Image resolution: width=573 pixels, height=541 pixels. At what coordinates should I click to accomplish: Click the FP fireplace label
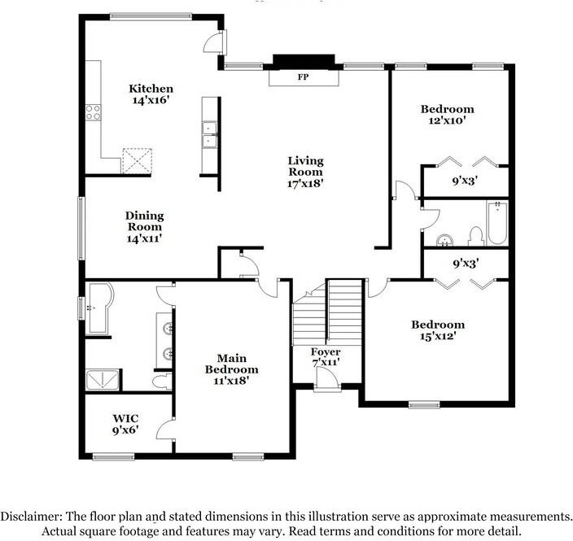tap(303, 76)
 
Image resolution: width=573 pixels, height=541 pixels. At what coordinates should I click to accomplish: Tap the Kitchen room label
tap(151, 89)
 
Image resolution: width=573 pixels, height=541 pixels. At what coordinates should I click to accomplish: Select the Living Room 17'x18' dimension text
tap(306, 183)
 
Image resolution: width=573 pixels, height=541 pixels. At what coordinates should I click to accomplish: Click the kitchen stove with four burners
tap(93, 112)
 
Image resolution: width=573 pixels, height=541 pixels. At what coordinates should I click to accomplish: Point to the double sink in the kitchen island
tap(210, 134)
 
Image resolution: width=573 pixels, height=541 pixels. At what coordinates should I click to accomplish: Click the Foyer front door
tap(327, 379)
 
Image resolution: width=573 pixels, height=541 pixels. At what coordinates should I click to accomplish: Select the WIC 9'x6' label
tap(125, 424)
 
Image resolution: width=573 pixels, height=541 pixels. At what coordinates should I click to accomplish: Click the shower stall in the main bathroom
tap(103, 380)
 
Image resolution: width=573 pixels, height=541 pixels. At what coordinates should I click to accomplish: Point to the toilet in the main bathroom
tap(162, 382)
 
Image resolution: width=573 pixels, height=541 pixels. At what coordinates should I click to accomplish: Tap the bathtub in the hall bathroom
tap(497, 223)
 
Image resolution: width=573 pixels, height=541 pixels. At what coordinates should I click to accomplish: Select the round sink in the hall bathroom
tap(444, 241)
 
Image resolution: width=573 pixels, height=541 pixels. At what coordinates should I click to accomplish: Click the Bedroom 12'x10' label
tap(448, 115)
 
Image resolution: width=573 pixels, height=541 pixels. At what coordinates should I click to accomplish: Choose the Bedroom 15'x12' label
tap(438, 330)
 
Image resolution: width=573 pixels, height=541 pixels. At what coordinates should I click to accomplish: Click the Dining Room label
tap(145, 221)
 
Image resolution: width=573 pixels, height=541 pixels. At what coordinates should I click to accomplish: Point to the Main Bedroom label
tap(231, 364)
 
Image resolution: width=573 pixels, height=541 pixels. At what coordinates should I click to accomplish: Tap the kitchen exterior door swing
tap(214, 43)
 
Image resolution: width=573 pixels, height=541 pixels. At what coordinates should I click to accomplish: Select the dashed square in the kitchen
tap(137, 160)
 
